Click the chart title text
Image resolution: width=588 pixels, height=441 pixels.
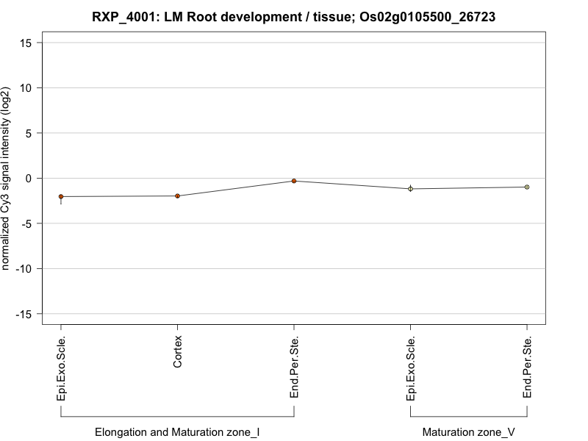click(x=294, y=16)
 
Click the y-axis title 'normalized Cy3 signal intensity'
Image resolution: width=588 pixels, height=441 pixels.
click(x=7, y=178)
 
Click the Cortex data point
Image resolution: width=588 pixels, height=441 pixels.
click(x=177, y=196)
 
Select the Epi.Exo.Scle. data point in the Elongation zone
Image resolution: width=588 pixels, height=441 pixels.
click(x=61, y=196)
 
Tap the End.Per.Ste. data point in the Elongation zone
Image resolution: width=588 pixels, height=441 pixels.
click(x=294, y=181)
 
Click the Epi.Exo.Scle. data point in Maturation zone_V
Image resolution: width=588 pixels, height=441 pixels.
click(x=411, y=189)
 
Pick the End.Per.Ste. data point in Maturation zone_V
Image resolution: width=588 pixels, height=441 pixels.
click(x=527, y=187)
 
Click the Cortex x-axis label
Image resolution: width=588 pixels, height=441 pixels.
click(x=178, y=353)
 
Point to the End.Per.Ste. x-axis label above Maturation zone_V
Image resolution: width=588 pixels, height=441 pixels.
click(x=528, y=367)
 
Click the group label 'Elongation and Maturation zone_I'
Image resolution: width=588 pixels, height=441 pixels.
click(x=177, y=432)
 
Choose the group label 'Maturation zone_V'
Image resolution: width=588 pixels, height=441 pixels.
click(x=469, y=432)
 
